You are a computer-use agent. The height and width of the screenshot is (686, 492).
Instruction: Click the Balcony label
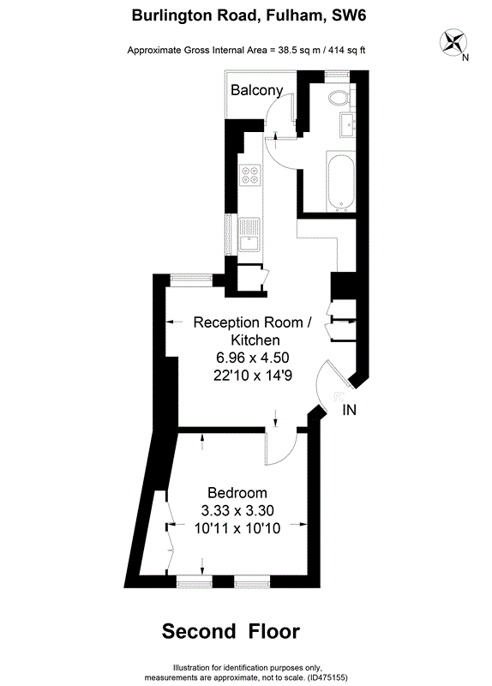pos(257,91)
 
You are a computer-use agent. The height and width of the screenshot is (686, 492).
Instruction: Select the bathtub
pos(340,182)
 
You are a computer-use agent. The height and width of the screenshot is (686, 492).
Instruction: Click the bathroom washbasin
pos(348,124)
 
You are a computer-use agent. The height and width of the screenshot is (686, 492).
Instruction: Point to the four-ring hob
pos(249,175)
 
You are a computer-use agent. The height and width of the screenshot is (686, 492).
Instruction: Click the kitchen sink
pos(249,234)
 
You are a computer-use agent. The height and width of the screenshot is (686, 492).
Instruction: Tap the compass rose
pos(453,42)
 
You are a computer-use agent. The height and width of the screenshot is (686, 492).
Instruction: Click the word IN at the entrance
pos(349,410)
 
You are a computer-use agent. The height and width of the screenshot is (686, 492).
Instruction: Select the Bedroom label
pos(237,492)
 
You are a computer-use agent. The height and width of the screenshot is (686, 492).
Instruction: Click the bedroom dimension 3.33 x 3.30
pos(237,510)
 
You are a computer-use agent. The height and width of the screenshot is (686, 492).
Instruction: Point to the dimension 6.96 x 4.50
pos(253,358)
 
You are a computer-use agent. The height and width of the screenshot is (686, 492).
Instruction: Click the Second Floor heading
pos(231,631)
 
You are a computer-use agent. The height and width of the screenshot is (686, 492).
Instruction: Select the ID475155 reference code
pos(328,677)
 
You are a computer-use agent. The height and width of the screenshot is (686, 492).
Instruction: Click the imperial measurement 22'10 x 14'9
pos(253,376)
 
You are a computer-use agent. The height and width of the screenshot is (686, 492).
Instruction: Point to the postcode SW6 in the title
pos(349,15)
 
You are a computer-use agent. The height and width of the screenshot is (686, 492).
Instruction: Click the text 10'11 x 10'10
pos(237,528)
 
